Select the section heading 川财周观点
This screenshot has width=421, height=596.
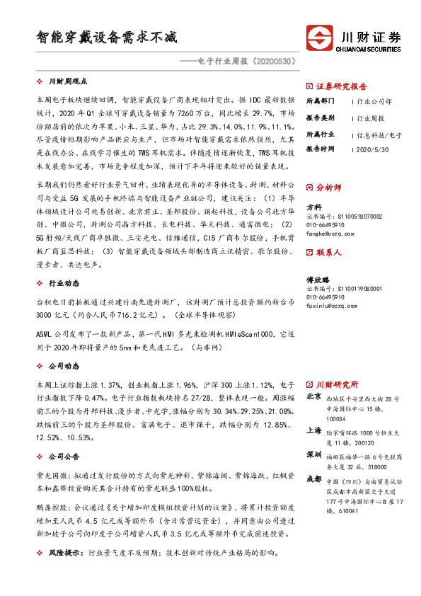pyautogui.click(x=72, y=81)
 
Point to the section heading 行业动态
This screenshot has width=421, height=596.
pyautogui.click(x=64, y=282)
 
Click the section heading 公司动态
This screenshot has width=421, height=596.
pyautogui.click(x=64, y=366)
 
